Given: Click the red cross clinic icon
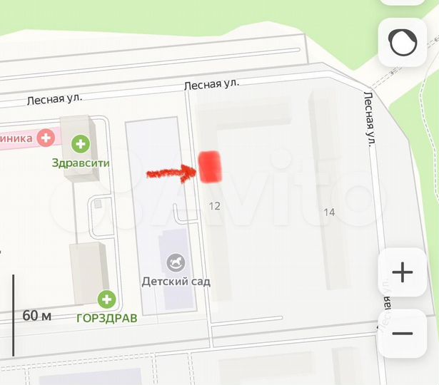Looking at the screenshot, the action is click(x=46, y=137).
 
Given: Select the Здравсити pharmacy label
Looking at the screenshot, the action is click(x=81, y=163).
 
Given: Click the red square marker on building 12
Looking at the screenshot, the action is click(x=211, y=167).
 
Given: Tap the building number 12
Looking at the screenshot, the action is click(x=213, y=206).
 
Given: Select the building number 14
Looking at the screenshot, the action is click(x=329, y=212).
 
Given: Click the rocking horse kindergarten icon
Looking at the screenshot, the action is click(x=176, y=264).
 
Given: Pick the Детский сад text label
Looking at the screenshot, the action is click(x=176, y=282).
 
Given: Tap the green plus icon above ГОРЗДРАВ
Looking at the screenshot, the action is click(x=107, y=299).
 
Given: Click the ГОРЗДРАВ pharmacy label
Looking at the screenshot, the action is click(x=106, y=318).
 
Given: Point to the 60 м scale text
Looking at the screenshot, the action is click(x=36, y=315).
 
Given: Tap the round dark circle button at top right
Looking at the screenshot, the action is click(x=402, y=43).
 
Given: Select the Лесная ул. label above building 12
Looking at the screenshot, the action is click(x=211, y=85).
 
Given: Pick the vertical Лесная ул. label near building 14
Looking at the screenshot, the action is click(x=370, y=118).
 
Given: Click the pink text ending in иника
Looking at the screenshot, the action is click(x=16, y=138).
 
